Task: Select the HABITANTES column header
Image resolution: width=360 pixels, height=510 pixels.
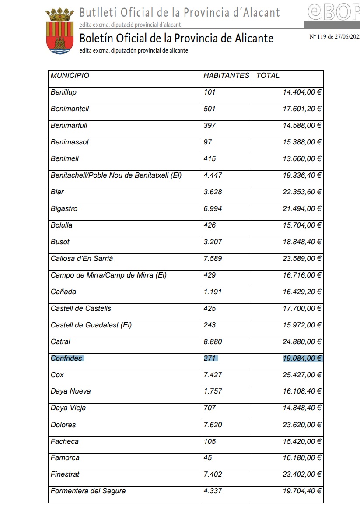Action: [226, 75]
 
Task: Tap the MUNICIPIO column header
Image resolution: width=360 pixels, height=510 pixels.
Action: [70, 75]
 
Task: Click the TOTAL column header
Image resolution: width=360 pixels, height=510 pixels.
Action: [268, 75]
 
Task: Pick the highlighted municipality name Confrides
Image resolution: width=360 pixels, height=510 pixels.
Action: [66, 358]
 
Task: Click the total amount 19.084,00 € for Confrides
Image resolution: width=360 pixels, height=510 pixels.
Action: [302, 358]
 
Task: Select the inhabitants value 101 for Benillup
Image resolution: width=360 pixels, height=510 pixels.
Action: [210, 92]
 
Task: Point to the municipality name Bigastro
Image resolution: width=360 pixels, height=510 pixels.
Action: [64, 208]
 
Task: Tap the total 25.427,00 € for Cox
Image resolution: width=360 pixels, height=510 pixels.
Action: [302, 375]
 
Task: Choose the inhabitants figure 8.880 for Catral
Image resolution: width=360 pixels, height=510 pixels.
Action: [213, 341]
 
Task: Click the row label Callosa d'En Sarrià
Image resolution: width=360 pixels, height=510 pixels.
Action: [82, 258]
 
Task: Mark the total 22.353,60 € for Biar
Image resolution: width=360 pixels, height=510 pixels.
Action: [302, 192]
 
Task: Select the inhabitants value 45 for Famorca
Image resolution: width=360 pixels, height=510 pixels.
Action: [208, 457]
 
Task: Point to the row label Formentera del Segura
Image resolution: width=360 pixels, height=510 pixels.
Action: [88, 491]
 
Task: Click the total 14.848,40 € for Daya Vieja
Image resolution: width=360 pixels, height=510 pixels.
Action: [302, 408]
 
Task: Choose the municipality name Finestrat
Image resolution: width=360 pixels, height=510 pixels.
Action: [65, 474]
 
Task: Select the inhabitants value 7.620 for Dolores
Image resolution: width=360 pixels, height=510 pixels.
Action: [213, 425]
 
